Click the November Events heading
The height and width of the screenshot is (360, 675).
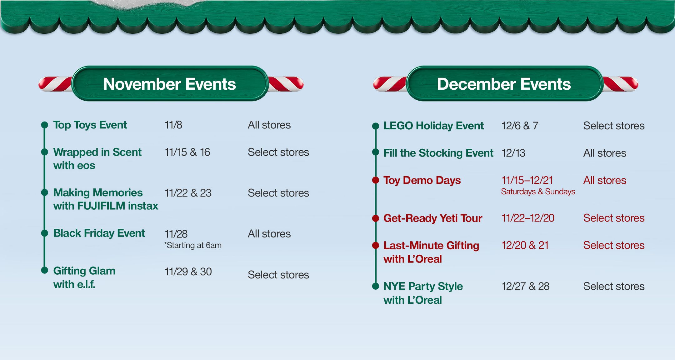click(169, 84)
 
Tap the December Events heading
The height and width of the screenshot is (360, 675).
click(504, 84)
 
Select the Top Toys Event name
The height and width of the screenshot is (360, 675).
click(90, 125)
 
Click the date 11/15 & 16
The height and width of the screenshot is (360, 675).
click(187, 152)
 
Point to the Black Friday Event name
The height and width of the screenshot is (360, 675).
click(99, 233)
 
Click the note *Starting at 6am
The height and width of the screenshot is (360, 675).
click(193, 245)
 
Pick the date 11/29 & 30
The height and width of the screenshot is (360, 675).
click(188, 272)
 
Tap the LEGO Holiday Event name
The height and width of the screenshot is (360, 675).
click(433, 126)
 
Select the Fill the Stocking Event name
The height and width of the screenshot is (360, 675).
click(438, 153)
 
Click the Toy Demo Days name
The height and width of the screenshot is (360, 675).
click(422, 180)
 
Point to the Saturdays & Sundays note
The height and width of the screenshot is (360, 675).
click(538, 192)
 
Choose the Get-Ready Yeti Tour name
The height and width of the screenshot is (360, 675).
click(433, 218)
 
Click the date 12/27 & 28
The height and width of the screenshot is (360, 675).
click(525, 286)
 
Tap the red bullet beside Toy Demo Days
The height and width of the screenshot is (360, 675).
click(376, 180)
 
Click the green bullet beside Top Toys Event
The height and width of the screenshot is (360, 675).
click(45, 125)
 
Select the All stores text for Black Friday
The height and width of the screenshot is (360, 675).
click(269, 234)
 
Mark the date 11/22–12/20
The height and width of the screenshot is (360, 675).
click(527, 218)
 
